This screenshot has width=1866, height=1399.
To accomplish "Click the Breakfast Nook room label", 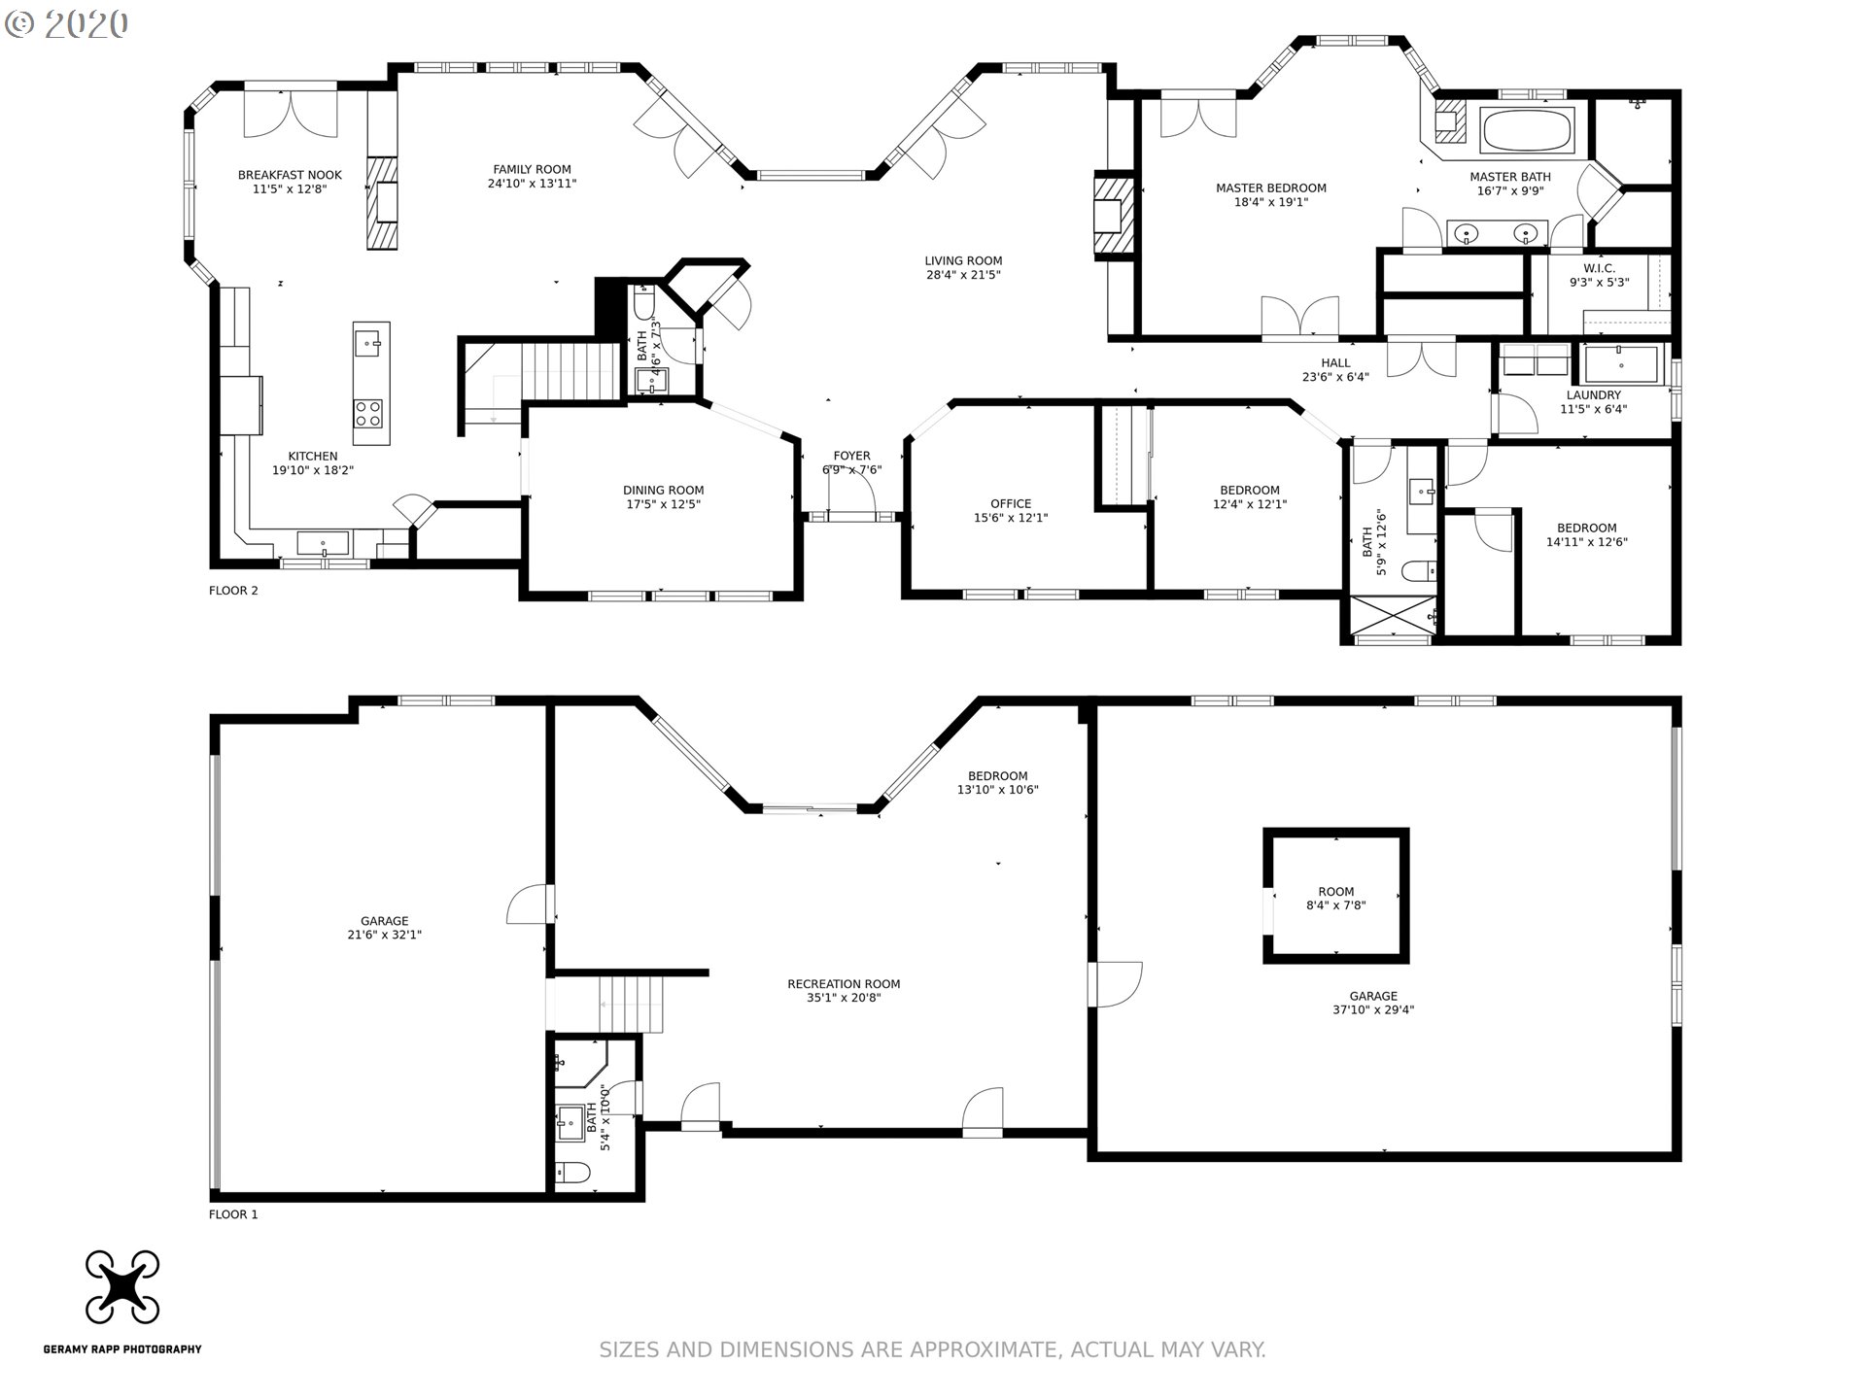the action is [290, 175].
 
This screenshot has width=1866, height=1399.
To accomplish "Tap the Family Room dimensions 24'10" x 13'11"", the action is [532, 184].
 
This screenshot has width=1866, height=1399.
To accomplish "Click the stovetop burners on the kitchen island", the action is [367, 414].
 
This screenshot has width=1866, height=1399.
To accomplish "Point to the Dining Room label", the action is [664, 491].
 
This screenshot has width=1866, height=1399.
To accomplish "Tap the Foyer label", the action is [852, 456].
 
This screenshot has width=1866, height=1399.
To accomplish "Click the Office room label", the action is [1011, 504].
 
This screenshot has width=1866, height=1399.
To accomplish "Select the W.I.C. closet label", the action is [1599, 268].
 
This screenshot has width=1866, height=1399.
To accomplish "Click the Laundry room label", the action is [1594, 395].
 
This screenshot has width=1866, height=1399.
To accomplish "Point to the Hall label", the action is [1335, 363].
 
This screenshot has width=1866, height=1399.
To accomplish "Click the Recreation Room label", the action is [844, 984].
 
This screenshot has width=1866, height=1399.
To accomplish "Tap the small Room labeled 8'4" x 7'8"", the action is [1336, 892].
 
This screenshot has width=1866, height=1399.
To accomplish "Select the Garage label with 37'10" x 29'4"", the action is [1373, 996].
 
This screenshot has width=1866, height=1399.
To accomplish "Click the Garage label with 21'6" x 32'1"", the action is [385, 921].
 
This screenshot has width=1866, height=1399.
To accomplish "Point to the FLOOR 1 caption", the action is [233, 1214].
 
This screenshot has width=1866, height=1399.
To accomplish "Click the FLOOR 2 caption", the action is [233, 591].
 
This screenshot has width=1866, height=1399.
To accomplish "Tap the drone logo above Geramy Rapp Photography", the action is [122, 1287].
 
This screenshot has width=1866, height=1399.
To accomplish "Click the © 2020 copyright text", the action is [66, 23].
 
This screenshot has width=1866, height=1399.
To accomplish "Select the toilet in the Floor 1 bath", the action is [573, 1174].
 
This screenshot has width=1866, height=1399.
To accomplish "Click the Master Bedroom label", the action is [1271, 188].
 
